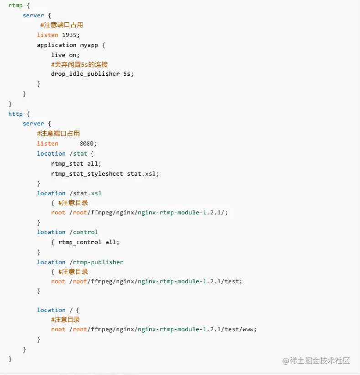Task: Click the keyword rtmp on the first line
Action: tap(16, 5)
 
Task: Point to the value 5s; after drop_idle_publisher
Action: tap(129, 74)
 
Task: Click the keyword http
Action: tap(16, 114)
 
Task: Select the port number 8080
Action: tap(88, 143)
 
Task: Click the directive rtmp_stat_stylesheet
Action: tap(87, 173)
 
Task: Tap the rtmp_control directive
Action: tap(80, 242)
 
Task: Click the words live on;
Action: tap(65, 55)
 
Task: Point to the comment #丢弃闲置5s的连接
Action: tap(79, 64)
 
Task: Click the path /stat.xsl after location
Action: tap(85, 193)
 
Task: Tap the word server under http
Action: tap(33, 123)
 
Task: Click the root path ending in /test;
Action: tap(156, 281)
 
